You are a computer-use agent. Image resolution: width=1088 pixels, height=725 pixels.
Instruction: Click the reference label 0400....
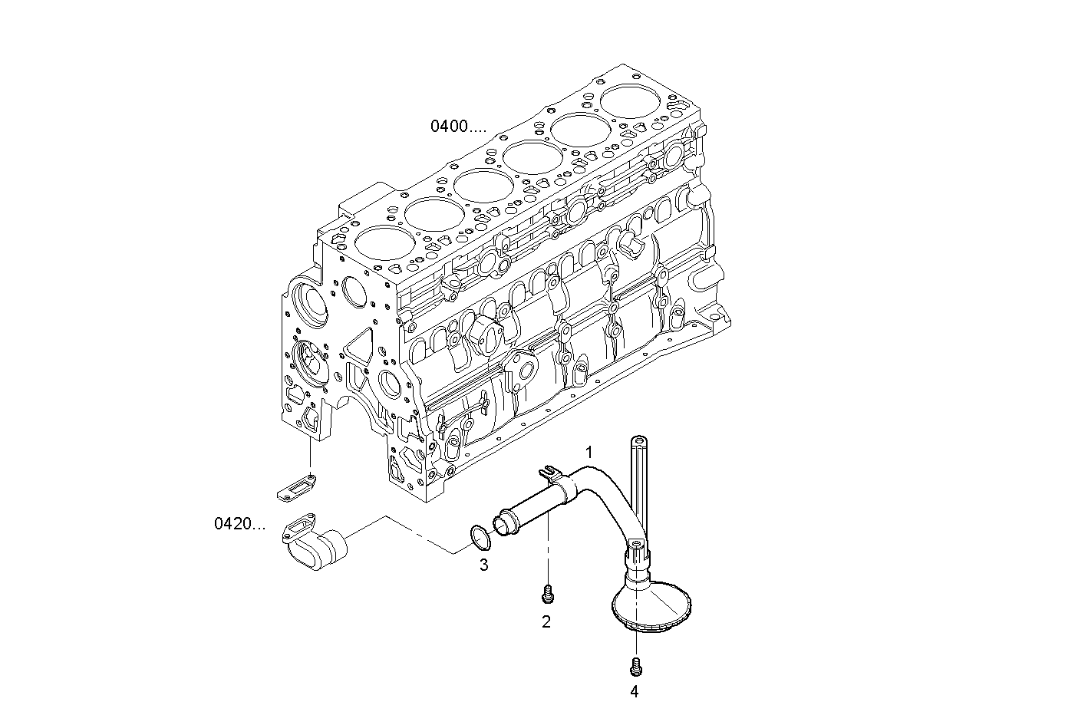pos(457,127)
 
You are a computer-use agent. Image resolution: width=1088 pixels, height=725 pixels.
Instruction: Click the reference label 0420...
pos(239,524)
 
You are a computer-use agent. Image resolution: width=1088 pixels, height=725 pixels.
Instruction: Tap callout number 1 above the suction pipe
pos(589,452)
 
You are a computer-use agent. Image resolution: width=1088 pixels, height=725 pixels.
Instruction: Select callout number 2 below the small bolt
pos(546,622)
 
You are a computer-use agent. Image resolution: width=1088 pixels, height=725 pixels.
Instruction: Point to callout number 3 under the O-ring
pos(483,565)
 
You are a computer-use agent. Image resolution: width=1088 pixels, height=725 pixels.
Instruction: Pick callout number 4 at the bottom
pos(634,691)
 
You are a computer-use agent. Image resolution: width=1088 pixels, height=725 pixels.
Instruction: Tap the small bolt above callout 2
pos(547,593)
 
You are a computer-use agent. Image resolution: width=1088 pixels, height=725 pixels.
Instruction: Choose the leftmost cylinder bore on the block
pos(382,244)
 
